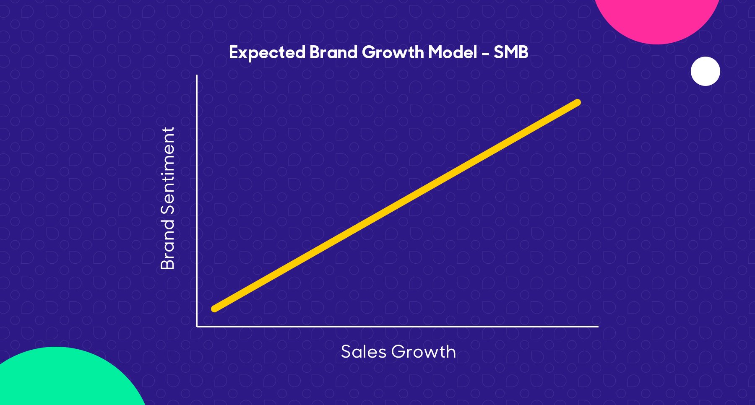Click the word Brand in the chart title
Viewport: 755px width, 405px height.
(x=333, y=52)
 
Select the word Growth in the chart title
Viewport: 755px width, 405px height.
(x=393, y=52)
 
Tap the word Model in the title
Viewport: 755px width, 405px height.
(x=453, y=52)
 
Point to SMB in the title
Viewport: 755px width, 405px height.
(x=511, y=52)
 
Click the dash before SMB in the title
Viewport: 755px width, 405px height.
(x=486, y=54)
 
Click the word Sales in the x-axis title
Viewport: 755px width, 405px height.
(x=364, y=352)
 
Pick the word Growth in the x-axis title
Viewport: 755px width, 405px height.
(x=424, y=352)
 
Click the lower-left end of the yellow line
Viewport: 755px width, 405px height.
(x=214, y=309)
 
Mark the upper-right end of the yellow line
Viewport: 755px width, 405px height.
(x=578, y=102)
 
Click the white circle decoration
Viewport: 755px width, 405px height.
(x=706, y=71)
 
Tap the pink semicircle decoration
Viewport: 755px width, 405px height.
(x=657, y=19)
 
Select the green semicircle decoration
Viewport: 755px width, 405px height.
(x=63, y=379)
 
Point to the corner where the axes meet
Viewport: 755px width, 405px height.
(x=197, y=326)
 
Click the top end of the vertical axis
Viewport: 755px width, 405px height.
(x=197, y=75)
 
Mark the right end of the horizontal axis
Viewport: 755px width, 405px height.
(x=598, y=326)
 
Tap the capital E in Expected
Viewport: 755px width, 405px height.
(x=234, y=52)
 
